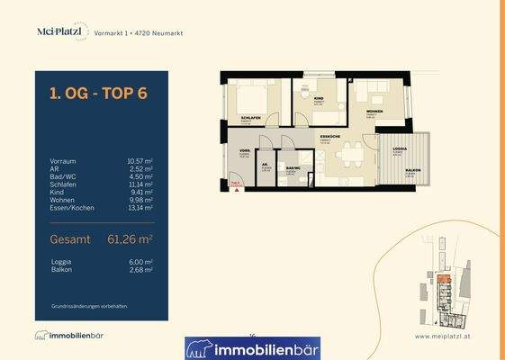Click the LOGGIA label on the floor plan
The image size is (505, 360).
396,153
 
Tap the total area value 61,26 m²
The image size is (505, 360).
125,239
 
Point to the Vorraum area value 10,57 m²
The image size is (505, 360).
140,161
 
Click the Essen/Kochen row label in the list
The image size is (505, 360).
72,210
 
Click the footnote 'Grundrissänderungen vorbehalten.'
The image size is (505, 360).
89,306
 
